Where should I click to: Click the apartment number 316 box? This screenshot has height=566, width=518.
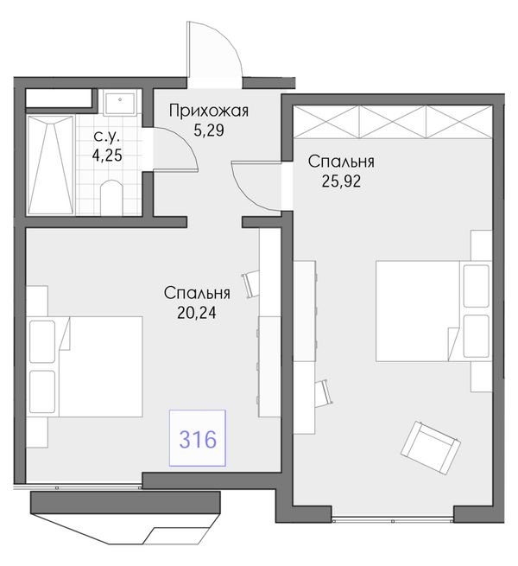coord(198,437)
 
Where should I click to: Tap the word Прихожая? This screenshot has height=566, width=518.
coord(209,111)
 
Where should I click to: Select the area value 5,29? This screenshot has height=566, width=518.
coord(209,130)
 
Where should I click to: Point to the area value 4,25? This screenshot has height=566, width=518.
coord(107,156)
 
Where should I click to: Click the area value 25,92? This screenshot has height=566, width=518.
coord(341,181)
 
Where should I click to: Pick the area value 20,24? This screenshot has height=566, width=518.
coord(197,313)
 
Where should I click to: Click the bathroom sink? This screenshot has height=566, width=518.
coord(119,103)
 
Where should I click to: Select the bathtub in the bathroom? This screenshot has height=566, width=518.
coord(51,164)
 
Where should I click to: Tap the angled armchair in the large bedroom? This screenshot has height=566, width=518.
coord(431,448)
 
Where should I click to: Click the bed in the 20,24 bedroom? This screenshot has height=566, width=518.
coord(85,367)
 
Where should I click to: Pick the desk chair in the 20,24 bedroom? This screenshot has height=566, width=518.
coord(250,284)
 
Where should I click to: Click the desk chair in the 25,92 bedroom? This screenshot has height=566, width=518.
coord(324,393)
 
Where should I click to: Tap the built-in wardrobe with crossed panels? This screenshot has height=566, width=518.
coord(393,122)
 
